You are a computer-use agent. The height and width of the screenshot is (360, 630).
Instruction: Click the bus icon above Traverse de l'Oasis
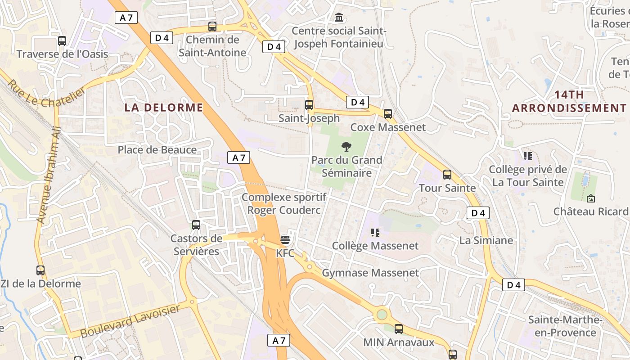click(x=62, y=41)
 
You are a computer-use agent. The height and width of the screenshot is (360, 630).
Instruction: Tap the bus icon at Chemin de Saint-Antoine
click(x=212, y=27)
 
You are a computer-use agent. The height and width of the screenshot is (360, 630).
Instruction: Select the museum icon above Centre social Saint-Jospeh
click(x=339, y=18)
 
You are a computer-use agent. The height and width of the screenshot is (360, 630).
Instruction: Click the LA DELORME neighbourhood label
click(x=164, y=108)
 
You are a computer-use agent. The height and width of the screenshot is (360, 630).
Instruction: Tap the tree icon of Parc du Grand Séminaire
click(x=346, y=146)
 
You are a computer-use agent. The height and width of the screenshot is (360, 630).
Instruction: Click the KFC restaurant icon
click(x=285, y=239)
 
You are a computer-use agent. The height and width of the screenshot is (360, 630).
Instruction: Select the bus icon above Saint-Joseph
click(x=309, y=105)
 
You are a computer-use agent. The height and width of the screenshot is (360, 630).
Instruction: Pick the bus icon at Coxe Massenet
click(x=388, y=114)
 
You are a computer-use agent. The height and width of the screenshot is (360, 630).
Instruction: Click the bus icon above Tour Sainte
click(x=447, y=175)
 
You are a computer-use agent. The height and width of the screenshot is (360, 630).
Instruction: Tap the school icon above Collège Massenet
click(x=375, y=232)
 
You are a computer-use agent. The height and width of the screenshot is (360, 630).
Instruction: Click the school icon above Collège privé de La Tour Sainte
click(x=528, y=156)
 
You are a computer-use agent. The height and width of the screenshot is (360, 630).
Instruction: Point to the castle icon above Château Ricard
click(x=591, y=198)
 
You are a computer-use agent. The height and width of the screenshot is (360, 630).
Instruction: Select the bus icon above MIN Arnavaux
click(x=399, y=329)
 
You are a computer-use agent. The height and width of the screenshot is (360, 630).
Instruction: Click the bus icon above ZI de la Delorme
click(x=40, y=270)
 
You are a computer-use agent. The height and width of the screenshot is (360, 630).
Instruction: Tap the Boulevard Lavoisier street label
click(x=130, y=321)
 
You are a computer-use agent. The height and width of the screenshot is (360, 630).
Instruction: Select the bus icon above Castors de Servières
click(x=196, y=225)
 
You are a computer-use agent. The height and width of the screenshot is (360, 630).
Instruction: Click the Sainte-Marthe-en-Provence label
click(x=565, y=326)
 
